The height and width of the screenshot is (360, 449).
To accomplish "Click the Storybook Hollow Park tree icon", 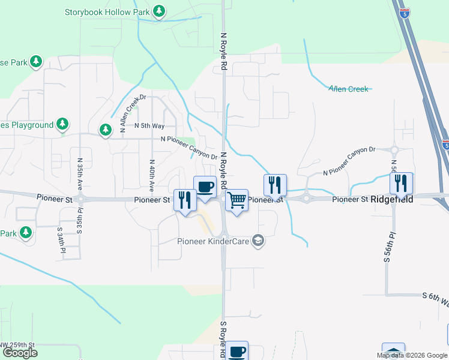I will click(x=158, y=11).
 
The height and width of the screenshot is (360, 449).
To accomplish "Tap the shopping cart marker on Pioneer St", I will click(x=237, y=200).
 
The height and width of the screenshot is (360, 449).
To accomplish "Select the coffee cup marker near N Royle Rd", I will click(x=205, y=186).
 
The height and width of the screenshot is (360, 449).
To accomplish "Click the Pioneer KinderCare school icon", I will click(x=258, y=241).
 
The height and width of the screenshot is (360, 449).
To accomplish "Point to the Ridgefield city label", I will click(x=391, y=199).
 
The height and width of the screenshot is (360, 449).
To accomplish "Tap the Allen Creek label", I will click(x=348, y=89).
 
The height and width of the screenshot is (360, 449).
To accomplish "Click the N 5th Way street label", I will click(x=149, y=126).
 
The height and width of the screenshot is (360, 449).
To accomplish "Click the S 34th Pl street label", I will click(x=61, y=241).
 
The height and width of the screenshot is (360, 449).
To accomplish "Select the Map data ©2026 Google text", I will click(x=411, y=355).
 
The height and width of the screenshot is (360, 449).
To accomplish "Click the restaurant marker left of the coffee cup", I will click(x=185, y=199).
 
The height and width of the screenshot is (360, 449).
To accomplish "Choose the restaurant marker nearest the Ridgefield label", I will click(x=401, y=183).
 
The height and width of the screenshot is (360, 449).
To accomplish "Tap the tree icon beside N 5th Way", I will click(x=106, y=130).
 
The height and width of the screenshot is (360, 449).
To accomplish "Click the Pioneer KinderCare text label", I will click(x=213, y=241).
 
